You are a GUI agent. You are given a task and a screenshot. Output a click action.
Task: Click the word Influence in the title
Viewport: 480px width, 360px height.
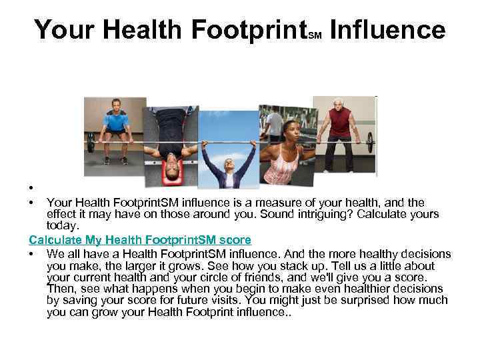pyautogui.click(x=387, y=30)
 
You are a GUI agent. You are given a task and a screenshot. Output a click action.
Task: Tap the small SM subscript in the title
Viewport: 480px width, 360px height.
pyautogui.click(x=316, y=37)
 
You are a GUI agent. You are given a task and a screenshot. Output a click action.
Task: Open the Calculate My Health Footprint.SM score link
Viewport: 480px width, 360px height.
pyautogui.click(x=140, y=239)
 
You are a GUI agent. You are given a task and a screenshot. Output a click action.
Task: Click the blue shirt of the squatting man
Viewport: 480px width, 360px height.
pyautogui.click(x=117, y=123)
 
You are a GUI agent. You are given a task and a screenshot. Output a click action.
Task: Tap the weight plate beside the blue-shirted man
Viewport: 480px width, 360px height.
pyautogui.click(x=91, y=142)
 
